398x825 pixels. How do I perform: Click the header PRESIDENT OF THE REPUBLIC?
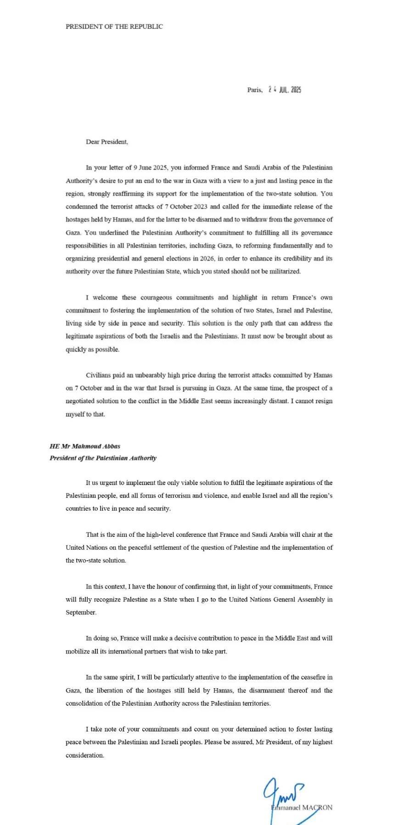(x=114, y=27)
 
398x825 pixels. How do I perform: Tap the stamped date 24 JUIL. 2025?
(x=285, y=90)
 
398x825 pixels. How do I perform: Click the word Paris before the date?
(x=254, y=90)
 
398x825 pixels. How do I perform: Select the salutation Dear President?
(x=107, y=142)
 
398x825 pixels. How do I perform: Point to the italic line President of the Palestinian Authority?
(x=103, y=458)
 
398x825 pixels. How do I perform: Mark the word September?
(x=81, y=612)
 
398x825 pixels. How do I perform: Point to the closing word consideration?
(x=84, y=755)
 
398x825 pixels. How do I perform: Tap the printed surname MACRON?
(x=317, y=808)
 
